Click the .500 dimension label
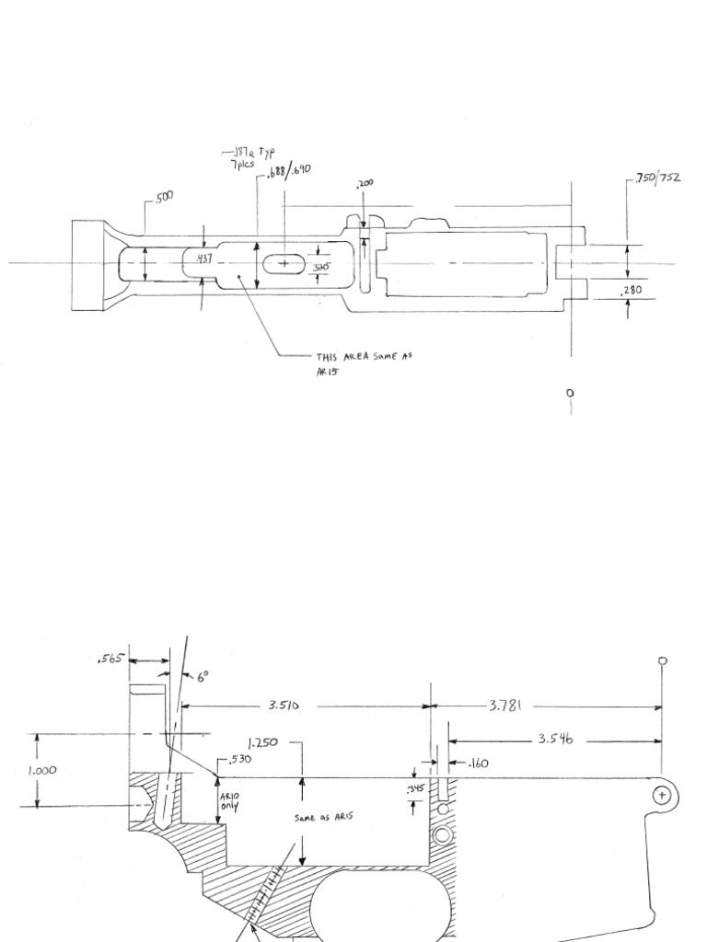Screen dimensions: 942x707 (163, 196)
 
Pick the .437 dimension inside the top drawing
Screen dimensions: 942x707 (203, 260)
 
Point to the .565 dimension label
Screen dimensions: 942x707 (110, 659)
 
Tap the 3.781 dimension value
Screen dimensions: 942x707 (504, 706)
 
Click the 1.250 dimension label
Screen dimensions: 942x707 (263, 741)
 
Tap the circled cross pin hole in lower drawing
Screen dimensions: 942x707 (662, 794)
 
